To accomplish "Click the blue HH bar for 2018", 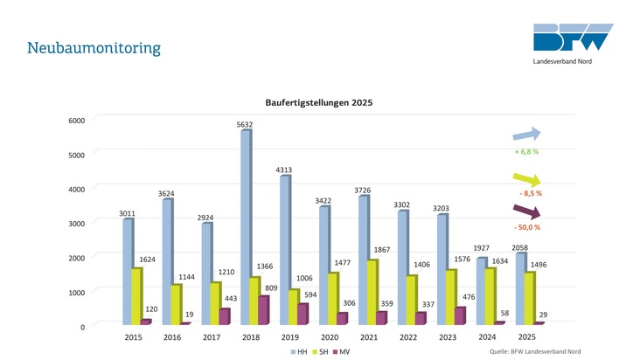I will click(246, 227).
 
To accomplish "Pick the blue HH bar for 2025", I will click(520, 288).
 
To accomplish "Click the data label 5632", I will click(245, 125).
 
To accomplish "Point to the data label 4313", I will click(284, 169).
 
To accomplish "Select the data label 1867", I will click(382, 250).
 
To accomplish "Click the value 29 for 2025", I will click(543, 314).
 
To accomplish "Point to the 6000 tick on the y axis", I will click(77, 121).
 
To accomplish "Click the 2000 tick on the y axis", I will click(77, 258).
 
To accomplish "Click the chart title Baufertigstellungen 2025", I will click(319, 103).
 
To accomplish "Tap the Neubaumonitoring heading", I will click(94, 47).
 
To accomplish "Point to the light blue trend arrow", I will click(526, 134).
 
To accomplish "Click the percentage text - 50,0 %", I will click(526, 227).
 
